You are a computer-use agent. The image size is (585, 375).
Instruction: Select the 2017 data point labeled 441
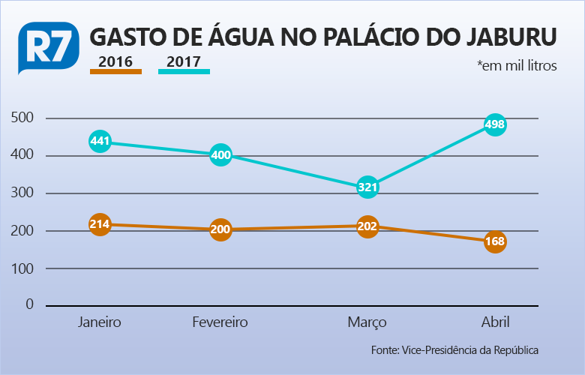100,141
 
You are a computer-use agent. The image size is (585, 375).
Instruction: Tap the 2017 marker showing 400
220,156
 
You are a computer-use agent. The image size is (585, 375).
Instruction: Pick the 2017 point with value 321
367,187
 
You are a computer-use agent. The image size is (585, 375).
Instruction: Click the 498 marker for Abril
495,124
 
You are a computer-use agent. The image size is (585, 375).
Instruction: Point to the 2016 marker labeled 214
100,224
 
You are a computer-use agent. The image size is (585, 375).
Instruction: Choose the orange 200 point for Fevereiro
220,229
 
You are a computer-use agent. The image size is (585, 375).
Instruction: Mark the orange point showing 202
367,226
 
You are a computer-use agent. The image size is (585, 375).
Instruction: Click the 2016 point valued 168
495,241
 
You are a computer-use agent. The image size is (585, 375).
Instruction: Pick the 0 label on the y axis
30,304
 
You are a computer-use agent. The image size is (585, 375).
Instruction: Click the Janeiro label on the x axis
100,322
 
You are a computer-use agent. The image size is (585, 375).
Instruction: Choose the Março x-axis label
367,322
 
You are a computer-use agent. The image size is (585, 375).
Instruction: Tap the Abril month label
495,322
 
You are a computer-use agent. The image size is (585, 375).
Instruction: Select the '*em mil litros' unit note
517,66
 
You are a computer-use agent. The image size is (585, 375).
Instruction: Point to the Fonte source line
454,350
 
